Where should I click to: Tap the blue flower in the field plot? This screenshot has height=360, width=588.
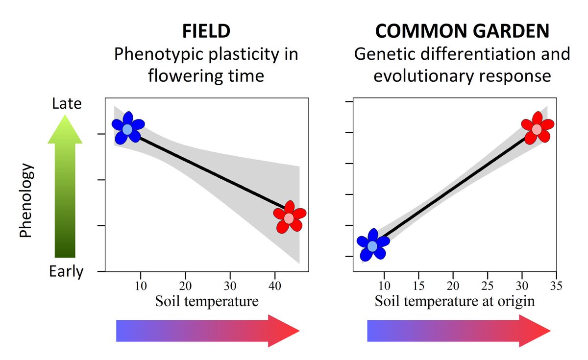tap(127, 129)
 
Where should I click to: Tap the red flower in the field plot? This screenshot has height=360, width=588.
tap(289, 217)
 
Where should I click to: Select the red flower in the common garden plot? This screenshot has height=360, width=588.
tap(537, 129)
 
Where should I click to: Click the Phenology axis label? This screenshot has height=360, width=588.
tap(25, 200)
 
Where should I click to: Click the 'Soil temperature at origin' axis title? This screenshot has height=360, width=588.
tap(455, 301)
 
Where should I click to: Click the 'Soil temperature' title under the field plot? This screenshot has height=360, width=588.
tap(207, 301)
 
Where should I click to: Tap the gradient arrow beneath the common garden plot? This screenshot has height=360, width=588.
tap(459, 331)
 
